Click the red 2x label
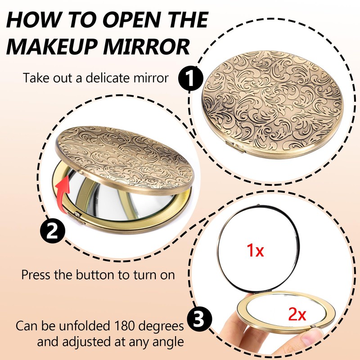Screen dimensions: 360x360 coord(297,314)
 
